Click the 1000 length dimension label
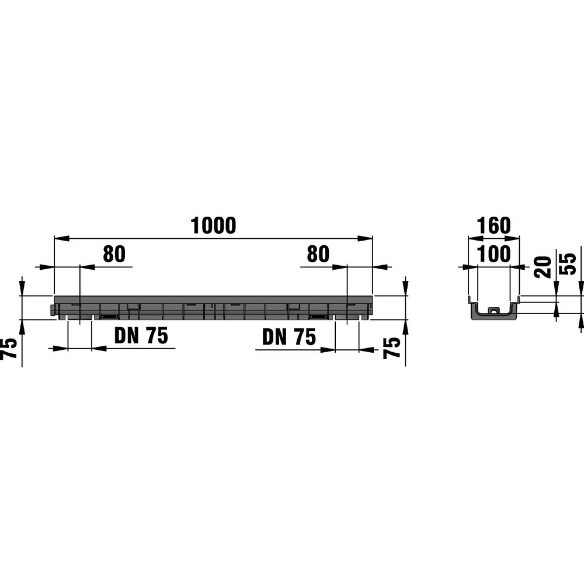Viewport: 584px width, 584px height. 213,225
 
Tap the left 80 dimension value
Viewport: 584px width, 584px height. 114,254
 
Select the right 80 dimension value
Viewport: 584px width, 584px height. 318,254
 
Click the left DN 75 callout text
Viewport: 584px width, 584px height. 141,336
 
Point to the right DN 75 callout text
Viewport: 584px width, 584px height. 289,337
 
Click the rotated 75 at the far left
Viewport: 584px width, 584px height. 9,348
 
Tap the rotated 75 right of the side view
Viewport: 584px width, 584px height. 392,348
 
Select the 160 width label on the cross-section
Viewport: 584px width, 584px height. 493,225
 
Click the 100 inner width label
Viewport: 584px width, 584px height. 493,254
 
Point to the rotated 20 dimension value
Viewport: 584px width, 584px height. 543,267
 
